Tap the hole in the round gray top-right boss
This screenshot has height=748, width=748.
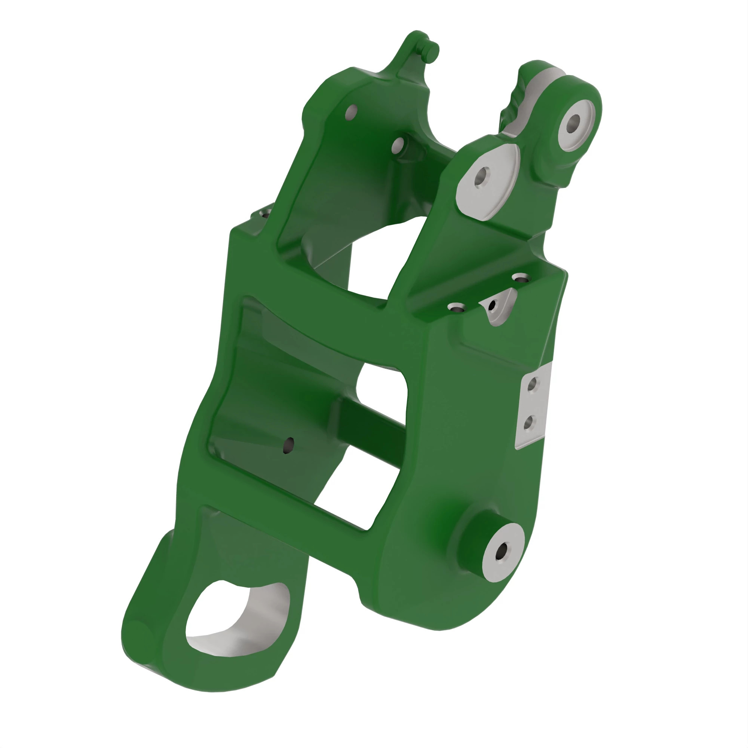point(574,123)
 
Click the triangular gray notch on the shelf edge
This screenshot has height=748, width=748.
point(499,310)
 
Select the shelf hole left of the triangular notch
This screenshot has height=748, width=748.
point(455,308)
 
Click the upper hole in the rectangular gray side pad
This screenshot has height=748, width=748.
point(533,384)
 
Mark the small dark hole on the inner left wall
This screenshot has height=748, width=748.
point(288,444)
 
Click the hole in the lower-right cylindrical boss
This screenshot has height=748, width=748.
point(503,551)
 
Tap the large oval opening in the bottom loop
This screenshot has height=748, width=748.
point(217,616)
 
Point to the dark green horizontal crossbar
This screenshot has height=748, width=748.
point(372,433)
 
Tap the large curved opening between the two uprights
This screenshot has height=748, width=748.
point(372,260)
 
